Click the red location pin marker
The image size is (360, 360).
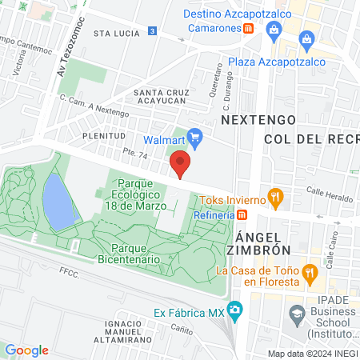(181, 164)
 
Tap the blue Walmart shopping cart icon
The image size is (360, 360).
(194, 137)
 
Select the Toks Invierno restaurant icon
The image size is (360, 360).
(274, 195)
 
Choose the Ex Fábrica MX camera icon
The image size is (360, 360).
(234, 309)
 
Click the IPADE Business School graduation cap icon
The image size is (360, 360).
(298, 313)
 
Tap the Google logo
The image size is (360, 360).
(26, 350)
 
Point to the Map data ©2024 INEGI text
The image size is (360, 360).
(311, 353)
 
